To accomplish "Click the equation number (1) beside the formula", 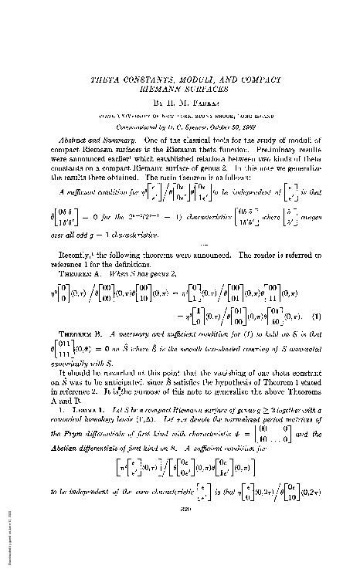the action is pos(312,299).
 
